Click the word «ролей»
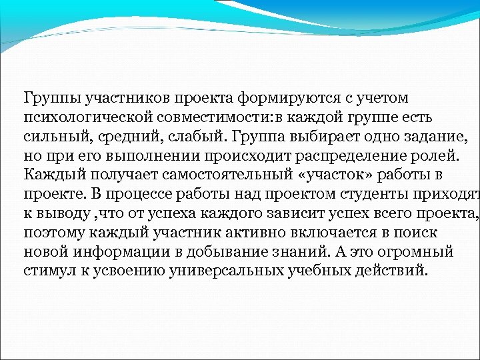433,157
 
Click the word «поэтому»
52,233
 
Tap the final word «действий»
387,272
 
